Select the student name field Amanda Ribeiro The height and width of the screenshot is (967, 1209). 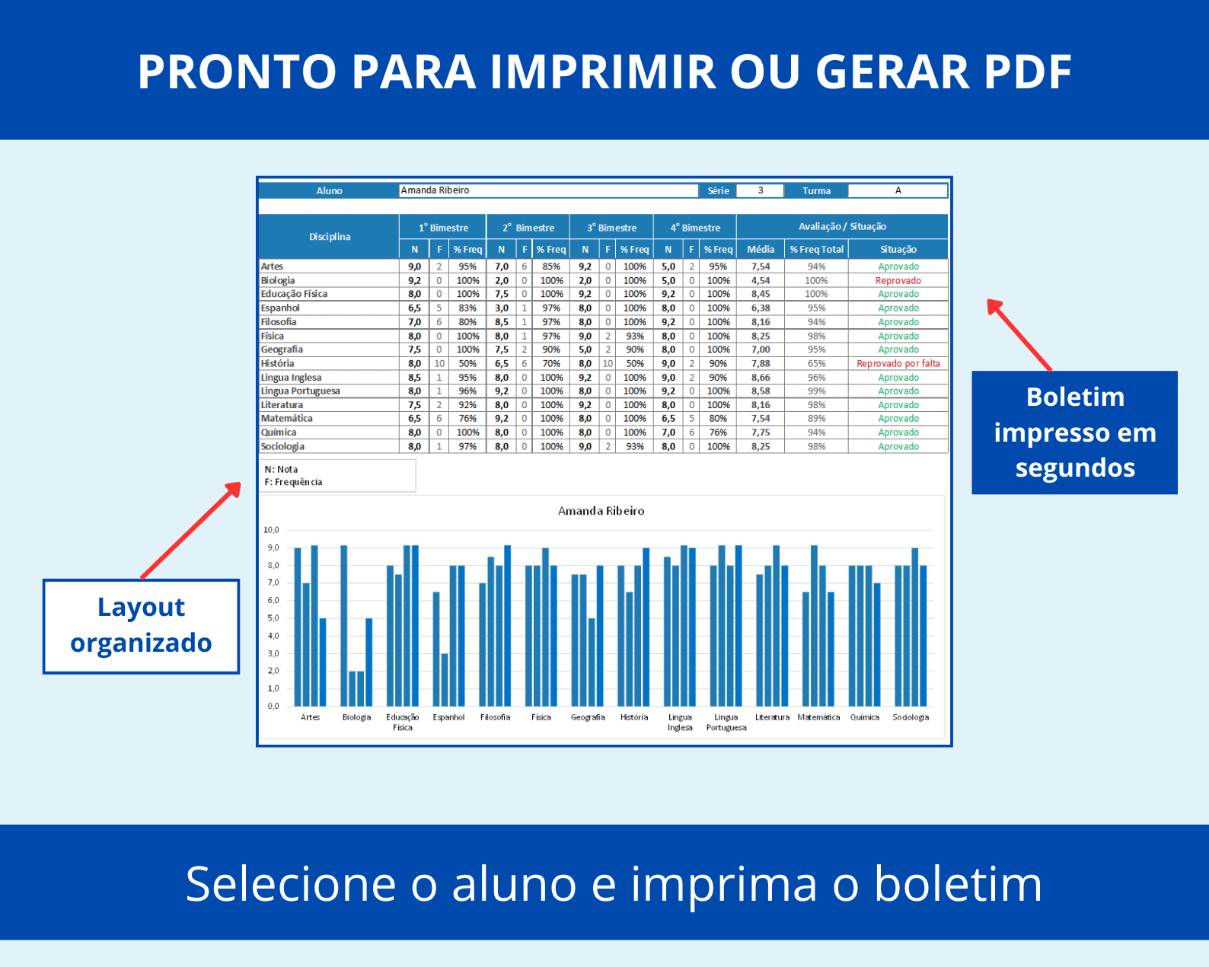(548, 190)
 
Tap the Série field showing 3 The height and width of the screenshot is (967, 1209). (760, 190)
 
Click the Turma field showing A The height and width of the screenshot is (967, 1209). (898, 190)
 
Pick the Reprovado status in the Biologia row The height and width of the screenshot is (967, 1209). (898, 280)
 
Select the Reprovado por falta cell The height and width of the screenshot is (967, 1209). (898, 363)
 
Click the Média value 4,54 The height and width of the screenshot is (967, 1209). (761, 280)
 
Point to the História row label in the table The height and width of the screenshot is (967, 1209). (277, 363)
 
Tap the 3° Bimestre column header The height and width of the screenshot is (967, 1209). (611, 228)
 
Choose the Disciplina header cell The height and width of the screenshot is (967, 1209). (329, 237)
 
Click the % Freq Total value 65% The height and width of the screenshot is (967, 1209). (816, 363)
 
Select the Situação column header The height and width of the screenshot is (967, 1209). (898, 249)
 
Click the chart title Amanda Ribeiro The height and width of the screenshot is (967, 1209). (601, 511)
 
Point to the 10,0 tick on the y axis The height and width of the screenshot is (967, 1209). (271, 530)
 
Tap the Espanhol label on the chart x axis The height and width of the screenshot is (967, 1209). (448, 717)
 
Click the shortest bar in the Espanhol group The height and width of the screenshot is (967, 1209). (445, 679)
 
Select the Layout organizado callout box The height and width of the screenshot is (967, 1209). (141, 627)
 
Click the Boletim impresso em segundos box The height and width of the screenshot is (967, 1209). (1074, 432)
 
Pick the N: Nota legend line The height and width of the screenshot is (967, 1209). (281, 469)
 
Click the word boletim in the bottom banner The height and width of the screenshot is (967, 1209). (957, 884)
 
